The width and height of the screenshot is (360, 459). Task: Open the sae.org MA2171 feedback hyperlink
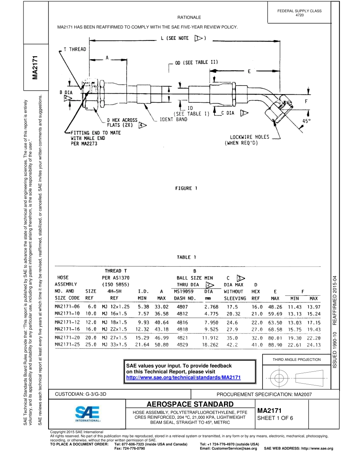183,378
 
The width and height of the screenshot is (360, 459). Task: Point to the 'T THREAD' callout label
75,49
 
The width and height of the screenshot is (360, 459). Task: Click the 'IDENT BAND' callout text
173,119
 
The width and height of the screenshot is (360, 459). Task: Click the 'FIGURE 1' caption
186,188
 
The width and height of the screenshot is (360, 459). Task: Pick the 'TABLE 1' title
186,257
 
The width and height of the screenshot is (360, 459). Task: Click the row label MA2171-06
67,306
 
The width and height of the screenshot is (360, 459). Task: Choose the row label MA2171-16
67,329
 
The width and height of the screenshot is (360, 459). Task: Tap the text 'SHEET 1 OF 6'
275,418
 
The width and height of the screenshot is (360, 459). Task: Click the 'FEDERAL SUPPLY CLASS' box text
299,11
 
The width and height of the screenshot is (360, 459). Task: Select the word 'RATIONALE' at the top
189,17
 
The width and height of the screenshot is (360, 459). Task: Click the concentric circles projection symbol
279,378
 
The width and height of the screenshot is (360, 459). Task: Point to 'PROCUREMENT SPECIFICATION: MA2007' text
264,394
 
